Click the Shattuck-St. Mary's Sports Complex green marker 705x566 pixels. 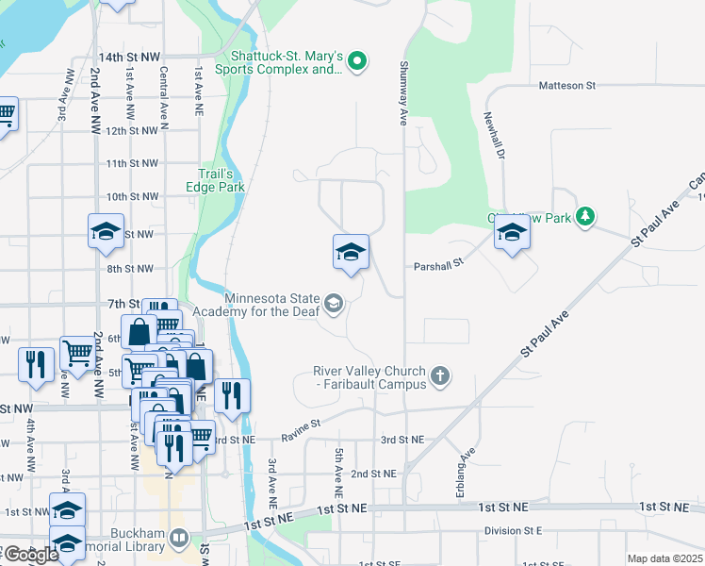pyautogui.click(x=356, y=63)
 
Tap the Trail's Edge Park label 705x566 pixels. pyautogui.click(x=221, y=180)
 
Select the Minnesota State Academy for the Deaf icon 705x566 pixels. pyautogui.click(x=333, y=304)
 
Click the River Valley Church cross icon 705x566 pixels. pyautogui.click(x=439, y=378)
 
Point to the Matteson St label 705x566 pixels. pyautogui.click(x=567, y=86)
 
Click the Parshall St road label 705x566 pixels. pyautogui.click(x=439, y=266)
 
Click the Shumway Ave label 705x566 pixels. pyautogui.click(x=402, y=93)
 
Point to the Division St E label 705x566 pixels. pyautogui.click(x=514, y=531)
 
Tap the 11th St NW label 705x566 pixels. pyautogui.click(x=132, y=163)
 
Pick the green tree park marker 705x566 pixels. pyautogui.click(x=585, y=217)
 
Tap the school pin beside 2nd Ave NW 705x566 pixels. pyautogui.click(x=106, y=231)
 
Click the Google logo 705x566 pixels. pyautogui.click(x=31, y=555)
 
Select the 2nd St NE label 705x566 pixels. pyautogui.click(x=373, y=474)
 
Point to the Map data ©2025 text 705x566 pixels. pyautogui.click(x=664, y=558)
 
